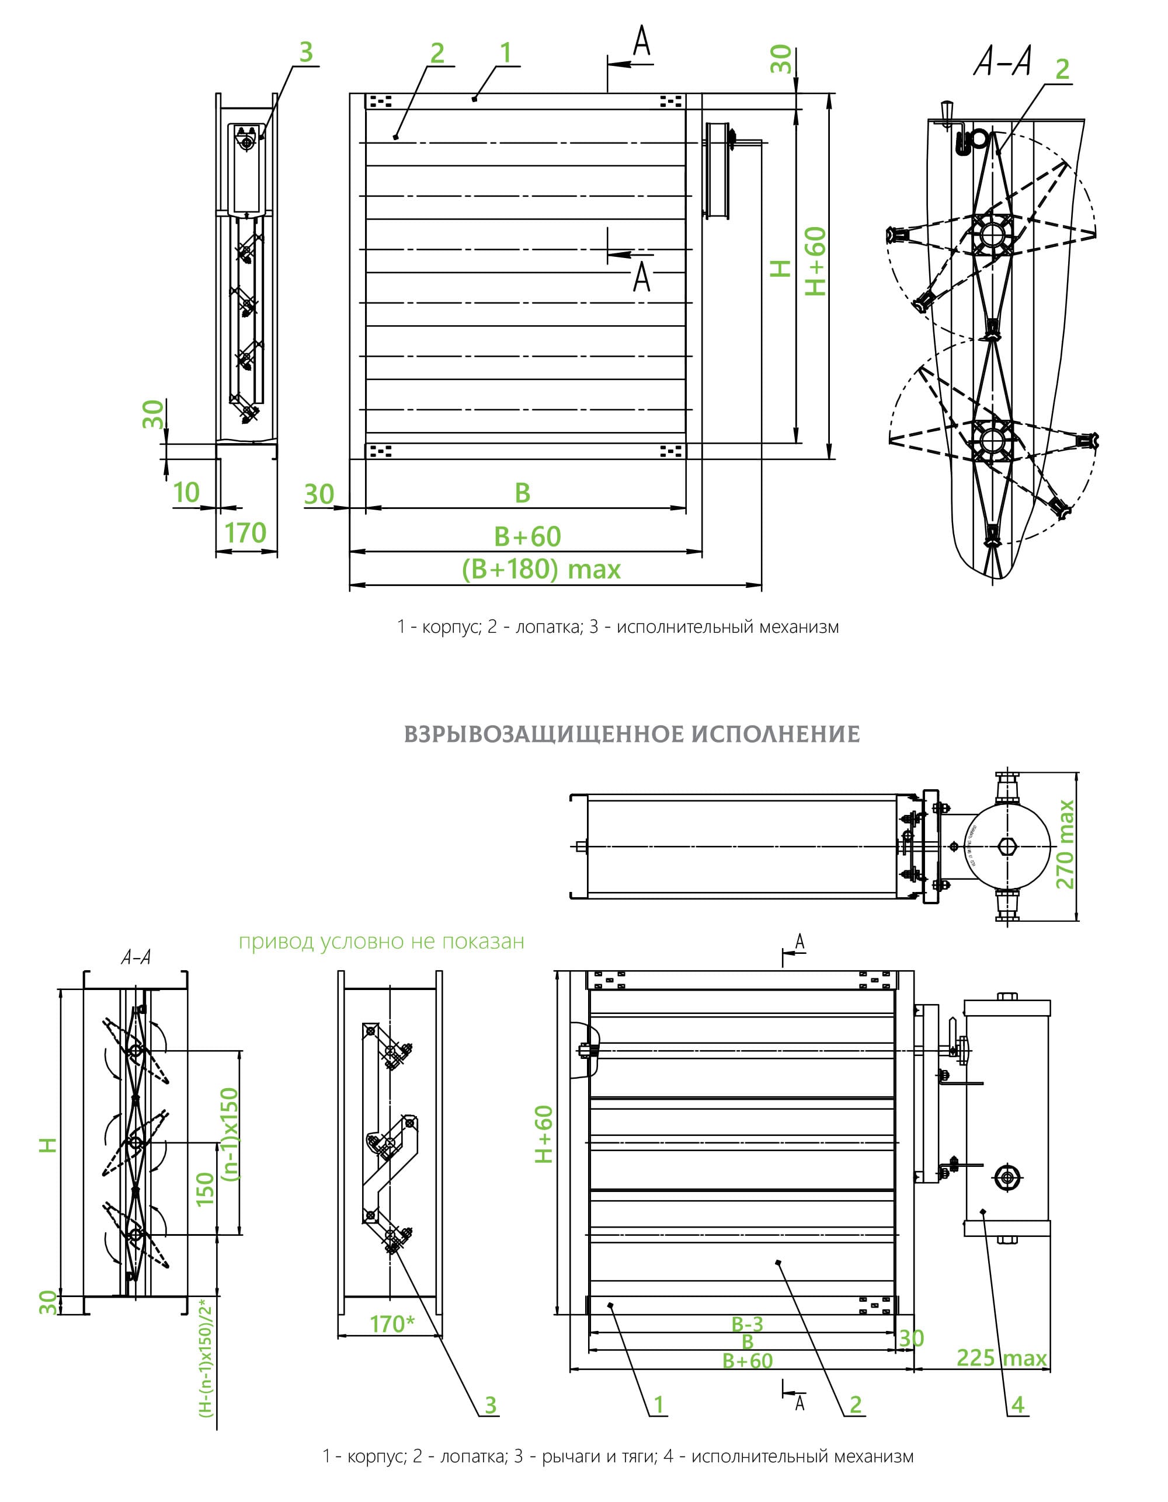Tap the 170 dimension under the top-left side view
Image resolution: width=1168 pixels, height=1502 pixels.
pos(245,533)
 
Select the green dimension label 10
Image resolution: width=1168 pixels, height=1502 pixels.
pos(186,493)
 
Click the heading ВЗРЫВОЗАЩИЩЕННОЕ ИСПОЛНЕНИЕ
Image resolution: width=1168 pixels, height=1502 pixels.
pos(631,734)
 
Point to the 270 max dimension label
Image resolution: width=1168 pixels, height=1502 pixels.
pos(1064,844)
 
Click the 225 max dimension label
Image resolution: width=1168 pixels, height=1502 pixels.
pos(1002,1358)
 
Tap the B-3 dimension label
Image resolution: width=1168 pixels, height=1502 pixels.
pos(747,1323)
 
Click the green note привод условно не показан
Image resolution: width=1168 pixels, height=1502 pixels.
pos(381,942)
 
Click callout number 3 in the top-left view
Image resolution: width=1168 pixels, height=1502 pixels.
pos(306,53)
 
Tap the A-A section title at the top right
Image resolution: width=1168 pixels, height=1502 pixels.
pos(1002,62)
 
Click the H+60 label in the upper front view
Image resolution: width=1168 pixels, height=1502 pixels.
pos(816,262)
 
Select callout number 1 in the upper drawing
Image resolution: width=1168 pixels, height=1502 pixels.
pos(506,53)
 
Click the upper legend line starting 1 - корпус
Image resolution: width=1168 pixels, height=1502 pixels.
pos(618,626)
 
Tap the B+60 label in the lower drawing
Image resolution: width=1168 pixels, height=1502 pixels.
pos(748,1360)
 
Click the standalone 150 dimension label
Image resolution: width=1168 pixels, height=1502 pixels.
pos(206,1189)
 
